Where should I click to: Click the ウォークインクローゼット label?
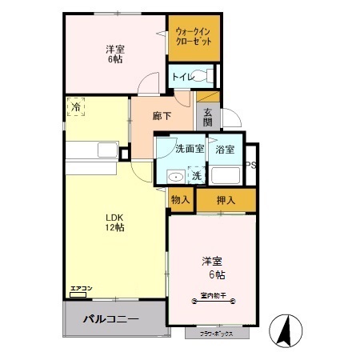(x=194, y=37)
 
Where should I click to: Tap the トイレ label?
(x=182, y=77)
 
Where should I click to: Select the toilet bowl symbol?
(x=209, y=77)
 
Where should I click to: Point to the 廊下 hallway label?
(x=162, y=116)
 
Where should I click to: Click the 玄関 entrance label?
(x=207, y=117)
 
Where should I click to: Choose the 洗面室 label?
(x=189, y=148)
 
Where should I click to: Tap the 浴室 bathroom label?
(x=225, y=149)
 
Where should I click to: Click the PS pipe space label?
(x=250, y=166)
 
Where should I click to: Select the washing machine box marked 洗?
(x=196, y=175)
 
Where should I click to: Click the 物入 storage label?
(x=180, y=199)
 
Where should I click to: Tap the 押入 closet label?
(x=225, y=199)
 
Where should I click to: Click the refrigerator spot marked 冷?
(x=76, y=106)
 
